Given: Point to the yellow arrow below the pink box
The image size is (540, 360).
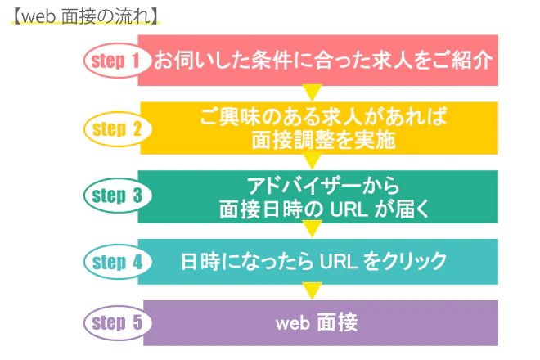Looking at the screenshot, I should click(x=312, y=92).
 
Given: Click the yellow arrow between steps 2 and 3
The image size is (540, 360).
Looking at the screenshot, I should click(x=312, y=160).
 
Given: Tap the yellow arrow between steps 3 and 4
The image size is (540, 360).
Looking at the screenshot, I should click(x=312, y=228).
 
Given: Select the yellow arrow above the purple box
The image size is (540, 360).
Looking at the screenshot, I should click(x=312, y=290).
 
